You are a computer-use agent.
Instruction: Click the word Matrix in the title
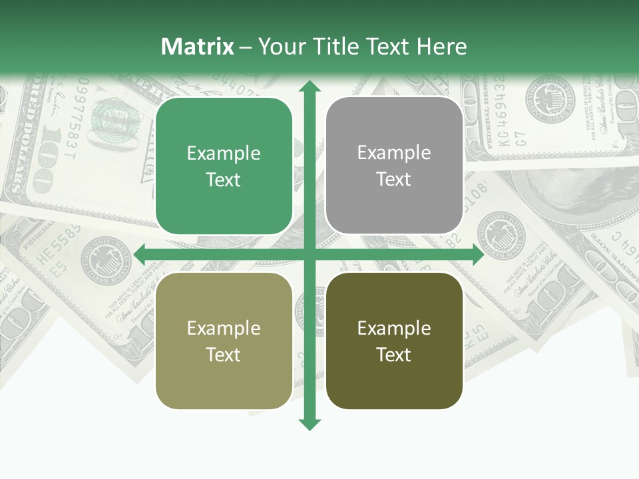pos(198,47)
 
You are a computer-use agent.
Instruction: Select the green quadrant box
pos(224,166)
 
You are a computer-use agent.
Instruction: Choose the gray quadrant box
pos(394,166)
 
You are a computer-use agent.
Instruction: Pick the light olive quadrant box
pos(224,341)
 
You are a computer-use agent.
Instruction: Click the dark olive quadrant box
pos(394,341)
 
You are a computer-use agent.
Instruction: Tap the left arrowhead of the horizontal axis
pos(140,254)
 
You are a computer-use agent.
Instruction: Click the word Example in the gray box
pos(394,153)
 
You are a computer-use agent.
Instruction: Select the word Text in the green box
pos(224,180)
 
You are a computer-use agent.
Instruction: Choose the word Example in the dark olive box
pos(394,328)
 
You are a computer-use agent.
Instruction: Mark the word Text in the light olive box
pos(224,355)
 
